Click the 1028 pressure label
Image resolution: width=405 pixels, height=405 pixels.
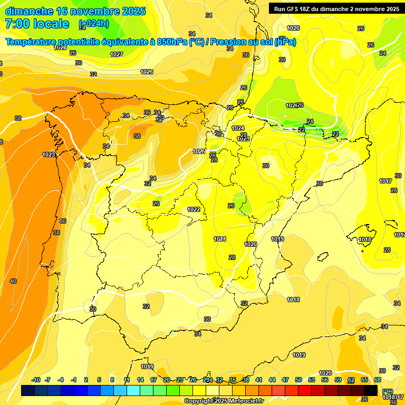point(60,47)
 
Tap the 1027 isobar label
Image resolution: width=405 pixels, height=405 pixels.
point(117,54)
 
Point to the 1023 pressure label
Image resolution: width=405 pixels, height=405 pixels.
point(49,155)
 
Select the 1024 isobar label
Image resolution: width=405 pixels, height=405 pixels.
point(238,128)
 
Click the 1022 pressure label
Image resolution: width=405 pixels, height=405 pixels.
point(194,209)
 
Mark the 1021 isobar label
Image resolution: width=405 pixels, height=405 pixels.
point(220,239)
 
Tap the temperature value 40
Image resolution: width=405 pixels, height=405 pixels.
point(13,281)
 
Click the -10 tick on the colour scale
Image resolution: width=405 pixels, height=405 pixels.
point(36,380)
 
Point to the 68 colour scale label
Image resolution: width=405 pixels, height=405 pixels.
point(378,380)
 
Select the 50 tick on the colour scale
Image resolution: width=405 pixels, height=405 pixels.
point(298,380)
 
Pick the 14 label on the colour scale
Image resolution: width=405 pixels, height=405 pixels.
point(140,380)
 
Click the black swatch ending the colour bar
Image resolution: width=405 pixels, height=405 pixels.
point(371,390)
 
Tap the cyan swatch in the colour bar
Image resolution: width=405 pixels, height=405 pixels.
point(133,390)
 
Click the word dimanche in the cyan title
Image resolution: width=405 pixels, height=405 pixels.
point(28,11)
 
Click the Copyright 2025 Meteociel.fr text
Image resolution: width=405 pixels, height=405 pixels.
point(224,401)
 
